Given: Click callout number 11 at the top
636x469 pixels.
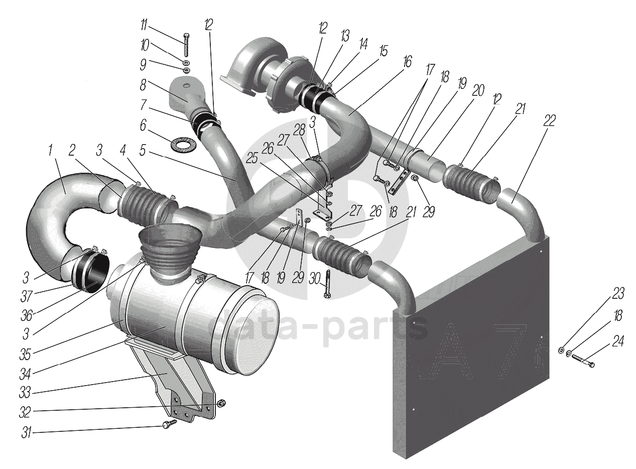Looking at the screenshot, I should tap(144, 23).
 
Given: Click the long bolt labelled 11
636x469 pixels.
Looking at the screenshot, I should tap(186, 44).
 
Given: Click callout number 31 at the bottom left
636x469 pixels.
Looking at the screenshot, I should tap(26, 432).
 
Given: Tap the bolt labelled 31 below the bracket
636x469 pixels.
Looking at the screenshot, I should tap(170, 424).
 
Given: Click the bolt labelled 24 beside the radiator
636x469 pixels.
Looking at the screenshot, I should tap(582, 360).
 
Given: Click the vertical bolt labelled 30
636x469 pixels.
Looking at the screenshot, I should tap(328, 285).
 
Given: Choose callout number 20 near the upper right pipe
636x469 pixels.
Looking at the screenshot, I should tap(478, 90).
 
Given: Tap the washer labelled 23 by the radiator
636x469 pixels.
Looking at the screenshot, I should tap(561, 350).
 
